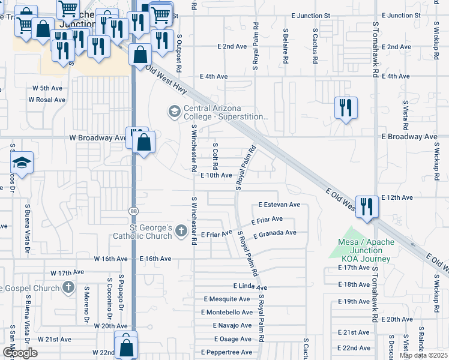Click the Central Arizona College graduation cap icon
pos(174,111)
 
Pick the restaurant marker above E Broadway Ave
pos(345,108)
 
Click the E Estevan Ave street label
pos(279,205)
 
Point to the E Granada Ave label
pos(275,233)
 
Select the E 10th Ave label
pos(216,175)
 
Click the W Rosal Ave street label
pos(46,100)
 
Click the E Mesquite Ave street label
pos(226,299)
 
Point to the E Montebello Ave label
pos(227,312)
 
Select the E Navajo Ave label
pos(232,325)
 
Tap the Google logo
pos(20,353)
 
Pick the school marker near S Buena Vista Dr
pos(22,163)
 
